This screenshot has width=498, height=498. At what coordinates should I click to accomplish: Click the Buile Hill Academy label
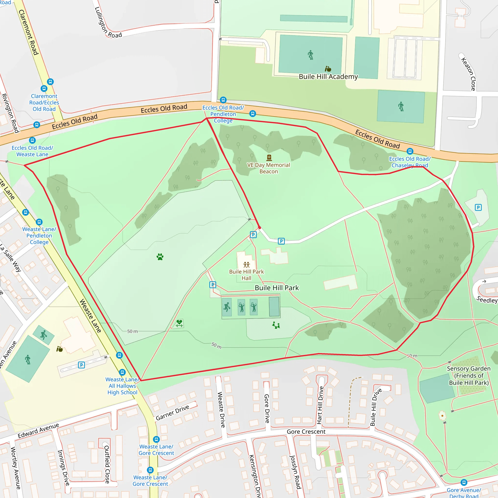[x=328, y=77]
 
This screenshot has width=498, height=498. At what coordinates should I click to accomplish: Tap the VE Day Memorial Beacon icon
[x=269, y=158]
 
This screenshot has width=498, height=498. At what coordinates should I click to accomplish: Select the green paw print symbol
[x=160, y=257]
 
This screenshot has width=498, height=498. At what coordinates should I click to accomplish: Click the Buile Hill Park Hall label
[x=246, y=275]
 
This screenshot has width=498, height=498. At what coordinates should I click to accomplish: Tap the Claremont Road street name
[x=28, y=32]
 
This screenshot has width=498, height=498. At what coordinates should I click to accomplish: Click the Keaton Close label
[x=468, y=74]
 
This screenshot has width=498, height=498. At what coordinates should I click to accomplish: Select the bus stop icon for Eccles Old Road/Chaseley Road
[x=410, y=151]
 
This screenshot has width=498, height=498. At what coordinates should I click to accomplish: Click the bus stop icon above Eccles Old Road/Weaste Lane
[x=32, y=140]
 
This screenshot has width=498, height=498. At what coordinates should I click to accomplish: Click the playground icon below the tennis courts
[x=276, y=325]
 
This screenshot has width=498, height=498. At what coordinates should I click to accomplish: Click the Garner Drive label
[x=172, y=412]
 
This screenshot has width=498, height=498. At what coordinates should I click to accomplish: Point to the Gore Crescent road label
[x=306, y=432]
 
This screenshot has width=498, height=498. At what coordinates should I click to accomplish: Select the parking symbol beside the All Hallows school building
[x=81, y=365]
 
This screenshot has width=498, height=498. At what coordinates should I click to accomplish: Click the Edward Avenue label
[x=38, y=431]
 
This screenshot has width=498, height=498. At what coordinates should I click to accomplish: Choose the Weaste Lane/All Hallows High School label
[x=122, y=386]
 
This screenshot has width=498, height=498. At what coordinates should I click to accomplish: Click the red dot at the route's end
[x=259, y=228]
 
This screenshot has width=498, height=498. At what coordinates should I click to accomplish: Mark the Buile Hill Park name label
[x=276, y=288]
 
